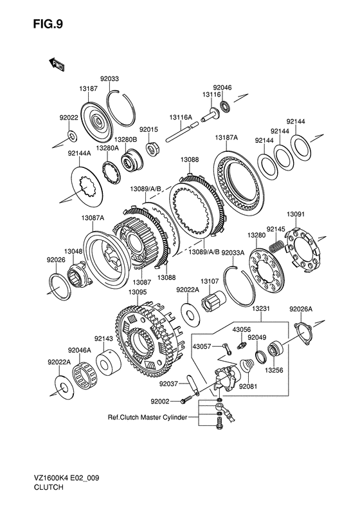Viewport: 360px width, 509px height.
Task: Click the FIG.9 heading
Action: (x=48, y=24)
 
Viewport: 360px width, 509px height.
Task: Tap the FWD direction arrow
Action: (x=57, y=64)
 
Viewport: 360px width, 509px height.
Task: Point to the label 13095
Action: (x=138, y=293)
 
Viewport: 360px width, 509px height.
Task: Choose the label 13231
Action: (x=260, y=308)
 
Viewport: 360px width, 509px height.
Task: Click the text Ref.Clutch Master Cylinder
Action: (x=148, y=417)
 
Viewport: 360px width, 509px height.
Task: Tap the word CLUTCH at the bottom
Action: (x=48, y=487)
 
